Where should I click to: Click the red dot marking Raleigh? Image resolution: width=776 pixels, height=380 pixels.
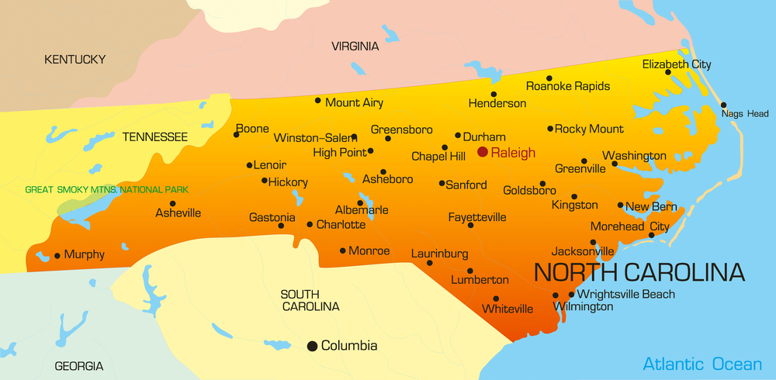[x=483, y=153]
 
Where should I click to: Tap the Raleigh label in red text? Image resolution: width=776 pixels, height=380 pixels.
[x=514, y=154]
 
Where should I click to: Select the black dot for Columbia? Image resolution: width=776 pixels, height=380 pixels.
[x=313, y=346]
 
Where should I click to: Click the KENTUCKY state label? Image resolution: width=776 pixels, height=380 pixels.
[x=74, y=59]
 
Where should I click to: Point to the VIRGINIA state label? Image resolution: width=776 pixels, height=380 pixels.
[x=355, y=47]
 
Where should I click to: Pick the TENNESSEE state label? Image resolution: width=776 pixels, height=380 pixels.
[x=155, y=137]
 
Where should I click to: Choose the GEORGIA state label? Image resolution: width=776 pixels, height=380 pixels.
[x=78, y=366]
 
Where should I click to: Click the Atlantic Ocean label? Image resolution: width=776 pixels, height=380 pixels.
[x=702, y=364]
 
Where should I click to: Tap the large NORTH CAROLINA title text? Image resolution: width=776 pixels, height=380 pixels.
[x=639, y=272]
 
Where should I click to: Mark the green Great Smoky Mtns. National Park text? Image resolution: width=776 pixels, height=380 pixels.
[x=106, y=189]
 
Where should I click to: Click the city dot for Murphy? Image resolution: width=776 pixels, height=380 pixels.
[x=57, y=255]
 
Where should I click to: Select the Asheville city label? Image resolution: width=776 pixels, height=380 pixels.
[x=178, y=212]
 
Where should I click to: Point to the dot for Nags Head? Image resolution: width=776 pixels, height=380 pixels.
[x=723, y=105]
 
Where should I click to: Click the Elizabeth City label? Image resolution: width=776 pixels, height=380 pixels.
[x=677, y=64]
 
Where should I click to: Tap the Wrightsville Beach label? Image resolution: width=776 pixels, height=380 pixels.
[x=626, y=295]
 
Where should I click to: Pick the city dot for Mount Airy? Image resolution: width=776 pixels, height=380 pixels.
[x=317, y=100]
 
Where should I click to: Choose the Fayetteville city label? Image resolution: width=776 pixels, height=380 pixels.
[x=477, y=217]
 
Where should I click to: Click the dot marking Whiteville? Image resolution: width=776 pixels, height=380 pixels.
[x=496, y=299]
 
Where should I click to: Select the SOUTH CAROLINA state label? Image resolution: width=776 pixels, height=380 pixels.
[x=310, y=300]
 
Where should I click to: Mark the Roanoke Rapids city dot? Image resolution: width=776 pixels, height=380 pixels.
[x=549, y=78]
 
